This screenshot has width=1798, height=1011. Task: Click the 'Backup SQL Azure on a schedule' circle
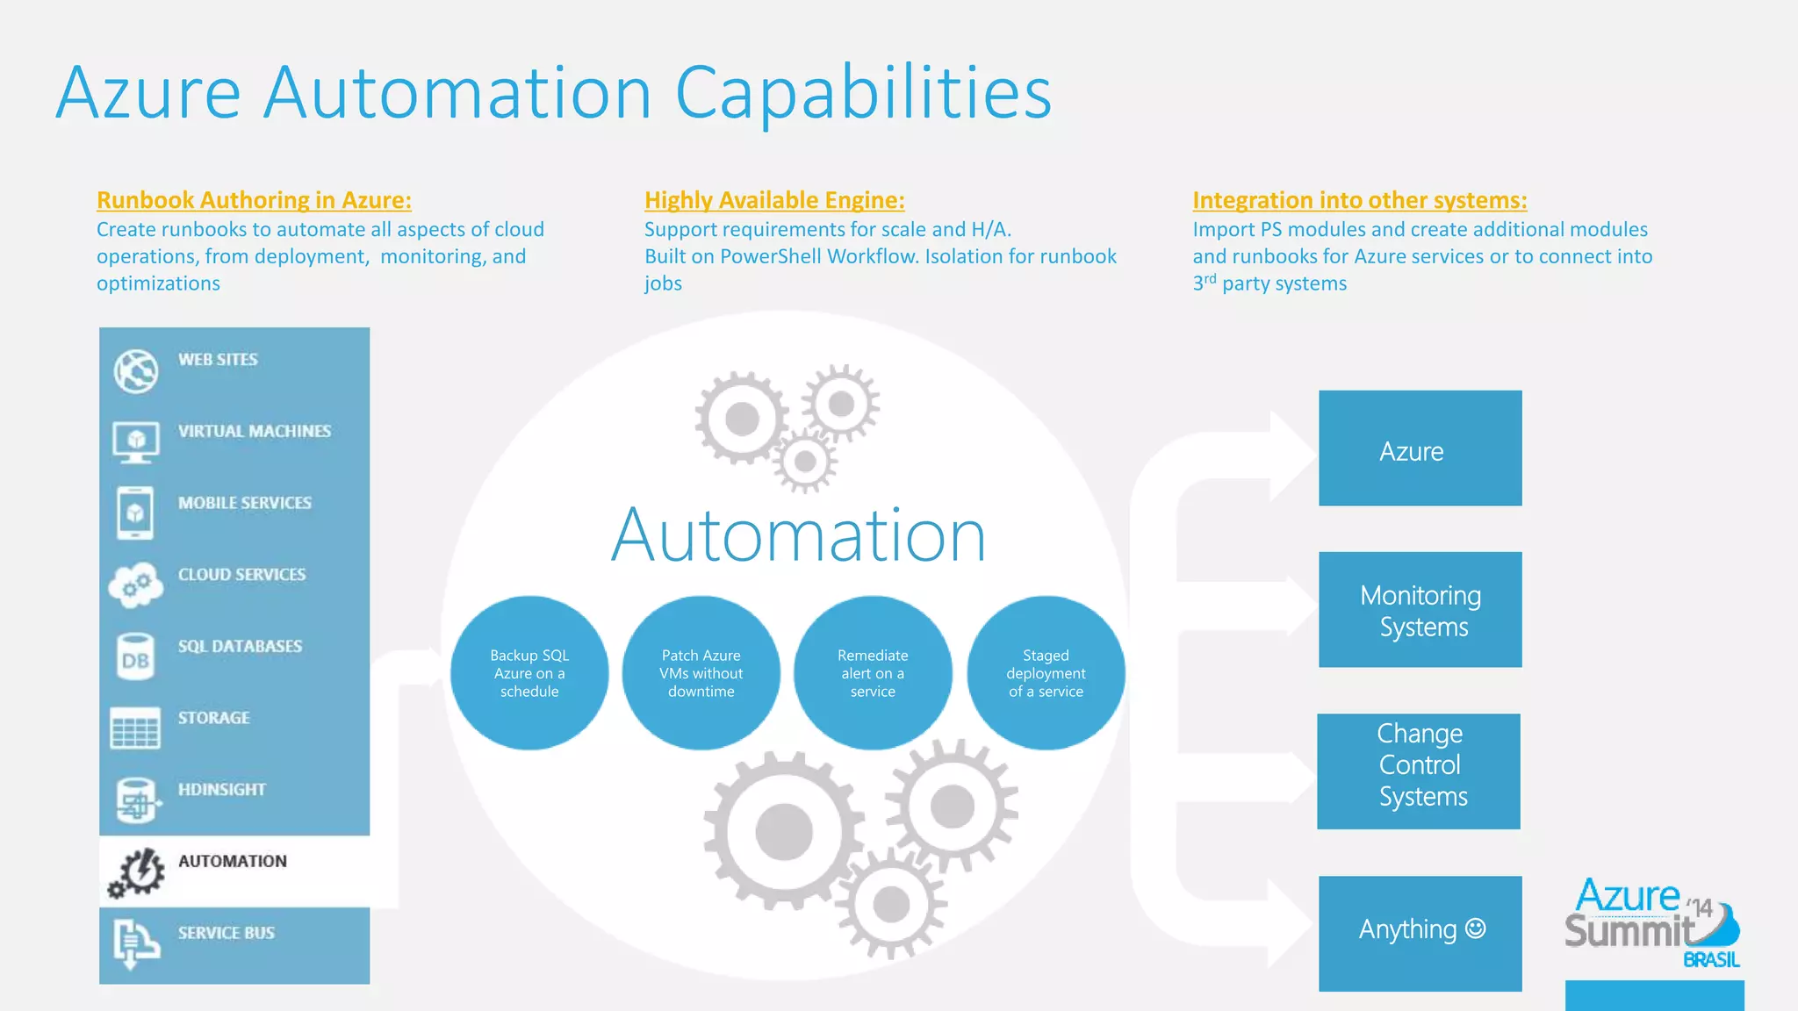(x=529, y=673)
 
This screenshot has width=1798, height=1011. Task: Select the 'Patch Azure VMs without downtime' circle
(x=701, y=673)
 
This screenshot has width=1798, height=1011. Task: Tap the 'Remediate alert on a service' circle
(x=873, y=673)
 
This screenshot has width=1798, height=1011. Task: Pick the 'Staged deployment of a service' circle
(x=1046, y=673)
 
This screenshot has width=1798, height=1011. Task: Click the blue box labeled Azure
(x=1420, y=448)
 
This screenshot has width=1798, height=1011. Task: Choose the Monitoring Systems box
(x=1420, y=610)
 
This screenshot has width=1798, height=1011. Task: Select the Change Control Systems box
(x=1419, y=771)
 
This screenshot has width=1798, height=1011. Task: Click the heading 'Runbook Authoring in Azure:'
(x=254, y=200)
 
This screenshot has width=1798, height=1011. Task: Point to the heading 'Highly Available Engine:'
(x=774, y=200)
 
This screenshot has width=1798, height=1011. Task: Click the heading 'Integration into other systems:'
(x=1359, y=200)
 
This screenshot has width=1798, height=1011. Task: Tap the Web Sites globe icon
(x=135, y=370)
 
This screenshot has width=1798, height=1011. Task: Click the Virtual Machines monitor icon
(x=135, y=441)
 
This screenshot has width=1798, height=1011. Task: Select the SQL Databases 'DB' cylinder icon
(x=135, y=657)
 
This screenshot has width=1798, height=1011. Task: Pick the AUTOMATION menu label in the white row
(x=233, y=861)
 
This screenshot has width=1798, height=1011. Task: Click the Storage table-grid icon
(x=135, y=728)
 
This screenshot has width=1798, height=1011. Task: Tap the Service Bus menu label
(x=227, y=933)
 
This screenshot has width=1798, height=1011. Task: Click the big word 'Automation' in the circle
(x=799, y=535)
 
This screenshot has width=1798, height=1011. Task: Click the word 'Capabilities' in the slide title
(x=863, y=93)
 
